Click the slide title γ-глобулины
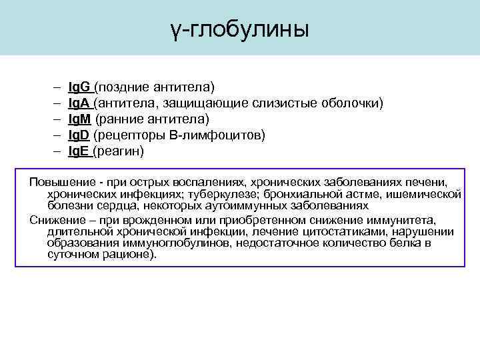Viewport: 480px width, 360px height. pos(239,29)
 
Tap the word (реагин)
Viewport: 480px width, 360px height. pos(119,151)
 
